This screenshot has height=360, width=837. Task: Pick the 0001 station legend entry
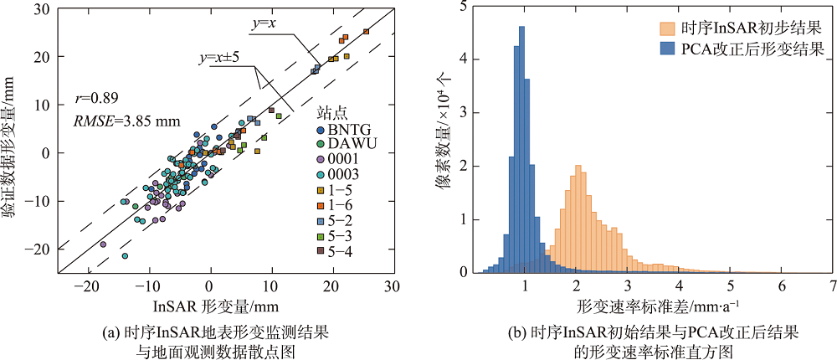coord(339,160)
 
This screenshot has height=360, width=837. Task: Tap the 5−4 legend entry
coord(339,249)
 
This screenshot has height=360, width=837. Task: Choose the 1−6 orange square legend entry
coord(339,204)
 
